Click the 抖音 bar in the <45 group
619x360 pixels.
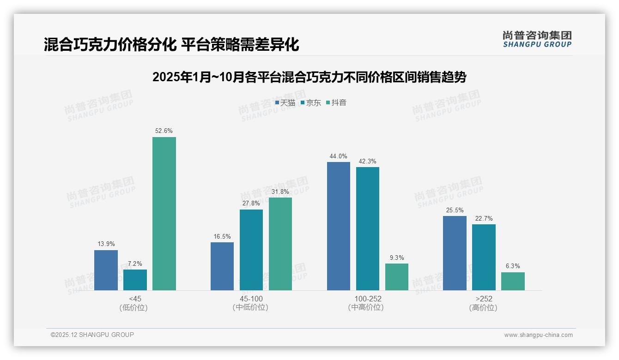pos(164,214)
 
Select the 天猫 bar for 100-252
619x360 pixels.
pos(338,226)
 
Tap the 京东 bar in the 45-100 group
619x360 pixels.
pos(251,250)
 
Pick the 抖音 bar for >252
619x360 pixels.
pos(513,281)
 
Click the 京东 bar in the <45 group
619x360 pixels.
pos(135,280)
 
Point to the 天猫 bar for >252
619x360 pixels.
pos(455,253)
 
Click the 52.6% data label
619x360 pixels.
pos(164,131)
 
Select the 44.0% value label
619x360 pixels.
pos(338,156)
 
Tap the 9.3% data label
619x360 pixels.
pos(396,258)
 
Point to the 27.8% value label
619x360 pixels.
pos(251,204)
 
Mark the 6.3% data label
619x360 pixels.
pos(513,266)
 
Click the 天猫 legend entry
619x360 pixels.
pos(285,103)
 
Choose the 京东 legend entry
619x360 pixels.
pos(311,103)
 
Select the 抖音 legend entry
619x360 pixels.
pos(336,103)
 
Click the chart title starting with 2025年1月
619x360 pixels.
pos(309,77)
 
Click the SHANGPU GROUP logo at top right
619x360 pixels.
pos(537,39)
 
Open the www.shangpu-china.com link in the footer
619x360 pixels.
pos(538,335)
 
